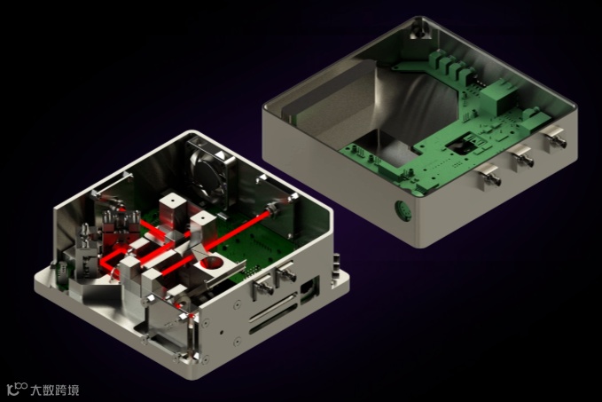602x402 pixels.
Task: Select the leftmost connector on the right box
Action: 489,175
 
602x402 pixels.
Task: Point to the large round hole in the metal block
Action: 211,264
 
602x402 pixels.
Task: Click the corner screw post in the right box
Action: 419,32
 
